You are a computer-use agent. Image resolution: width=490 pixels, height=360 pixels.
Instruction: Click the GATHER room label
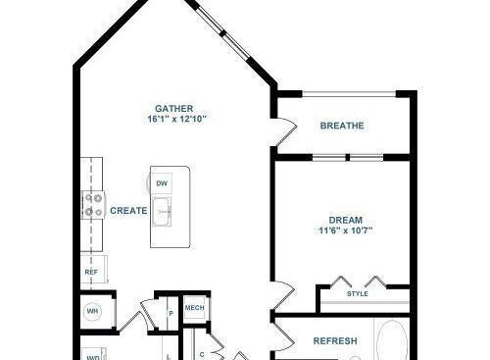[x=173, y=108]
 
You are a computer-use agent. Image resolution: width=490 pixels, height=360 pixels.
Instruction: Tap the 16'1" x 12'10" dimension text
[x=176, y=119]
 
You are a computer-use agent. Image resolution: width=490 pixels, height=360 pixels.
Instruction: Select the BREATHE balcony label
[x=342, y=126]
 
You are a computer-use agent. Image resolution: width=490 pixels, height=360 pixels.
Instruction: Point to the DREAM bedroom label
[x=345, y=220]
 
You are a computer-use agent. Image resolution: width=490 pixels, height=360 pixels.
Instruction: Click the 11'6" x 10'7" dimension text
[x=346, y=231]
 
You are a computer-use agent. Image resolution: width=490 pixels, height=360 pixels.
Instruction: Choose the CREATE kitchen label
[x=128, y=211]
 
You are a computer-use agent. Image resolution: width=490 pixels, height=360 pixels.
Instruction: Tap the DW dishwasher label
[x=162, y=183]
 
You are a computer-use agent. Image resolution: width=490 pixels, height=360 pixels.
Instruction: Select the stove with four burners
[x=93, y=205]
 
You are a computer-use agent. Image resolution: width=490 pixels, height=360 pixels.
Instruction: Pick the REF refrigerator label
[x=91, y=272]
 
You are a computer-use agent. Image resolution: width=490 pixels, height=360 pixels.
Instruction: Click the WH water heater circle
[x=92, y=311]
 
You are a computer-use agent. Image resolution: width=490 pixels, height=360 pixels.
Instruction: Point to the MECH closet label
[x=194, y=308]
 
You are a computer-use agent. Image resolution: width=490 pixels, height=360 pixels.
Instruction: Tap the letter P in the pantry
[x=171, y=314]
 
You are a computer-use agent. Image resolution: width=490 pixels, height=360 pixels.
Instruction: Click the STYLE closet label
[x=358, y=294]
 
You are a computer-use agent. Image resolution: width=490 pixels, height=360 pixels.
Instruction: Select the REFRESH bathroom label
[x=335, y=341]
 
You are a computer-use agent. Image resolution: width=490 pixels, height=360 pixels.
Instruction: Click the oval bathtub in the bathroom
[x=392, y=340]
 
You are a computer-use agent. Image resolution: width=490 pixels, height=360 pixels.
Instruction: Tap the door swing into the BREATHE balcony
[x=286, y=131]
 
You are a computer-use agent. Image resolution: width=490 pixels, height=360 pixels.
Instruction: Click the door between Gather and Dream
[x=285, y=296]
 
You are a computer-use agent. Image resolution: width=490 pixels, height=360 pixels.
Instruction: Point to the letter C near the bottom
[x=202, y=354]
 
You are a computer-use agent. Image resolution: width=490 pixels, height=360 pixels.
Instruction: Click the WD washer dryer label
[x=92, y=358]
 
